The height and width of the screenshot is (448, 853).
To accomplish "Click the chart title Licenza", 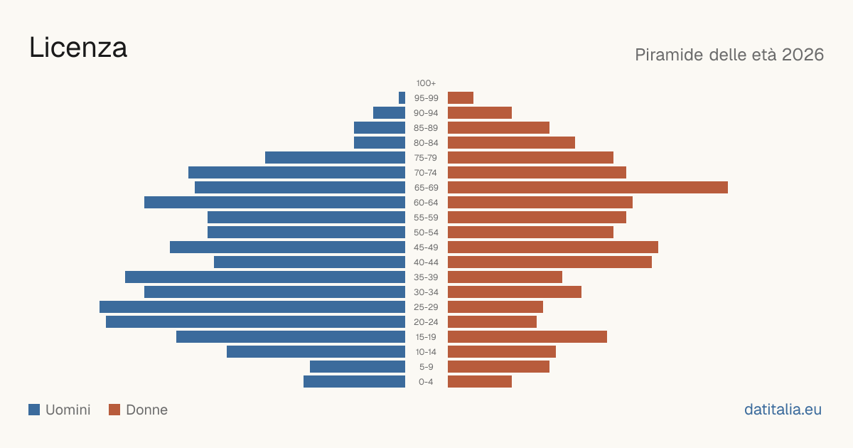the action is pyautogui.click(x=78, y=48).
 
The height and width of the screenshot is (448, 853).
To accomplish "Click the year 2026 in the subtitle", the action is pyautogui.click(x=803, y=55).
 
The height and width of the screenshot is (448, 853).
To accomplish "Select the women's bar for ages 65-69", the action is pyautogui.click(x=588, y=188).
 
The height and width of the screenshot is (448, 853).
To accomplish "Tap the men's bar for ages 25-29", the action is pyautogui.click(x=252, y=307).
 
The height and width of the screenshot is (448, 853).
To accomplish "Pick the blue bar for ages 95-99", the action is pyautogui.click(x=402, y=98).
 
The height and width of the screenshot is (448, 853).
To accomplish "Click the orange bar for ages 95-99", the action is pyautogui.click(x=461, y=98).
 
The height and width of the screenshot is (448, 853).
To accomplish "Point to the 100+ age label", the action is pyautogui.click(x=426, y=83).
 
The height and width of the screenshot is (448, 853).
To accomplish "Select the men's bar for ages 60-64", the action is pyautogui.click(x=274, y=202).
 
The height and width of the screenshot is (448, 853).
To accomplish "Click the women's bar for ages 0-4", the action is pyautogui.click(x=480, y=382).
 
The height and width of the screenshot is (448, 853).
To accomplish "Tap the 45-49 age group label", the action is pyautogui.click(x=426, y=247).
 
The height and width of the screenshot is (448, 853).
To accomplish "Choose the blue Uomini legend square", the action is pyautogui.click(x=34, y=410).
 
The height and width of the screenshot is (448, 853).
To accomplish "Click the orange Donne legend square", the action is pyautogui.click(x=114, y=410).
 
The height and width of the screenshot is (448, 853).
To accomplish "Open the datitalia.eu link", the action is pyautogui.click(x=783, y=410).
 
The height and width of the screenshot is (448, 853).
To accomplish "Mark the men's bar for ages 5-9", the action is pyautogui.click(x=358, y=367).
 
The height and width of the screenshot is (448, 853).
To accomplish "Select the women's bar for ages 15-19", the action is pyautogui.click(x=527, y=337).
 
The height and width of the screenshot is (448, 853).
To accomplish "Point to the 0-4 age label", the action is pyautogui.click(x=426, y=382).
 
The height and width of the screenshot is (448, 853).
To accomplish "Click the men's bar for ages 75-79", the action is pyautogui.click(x=335, y=158).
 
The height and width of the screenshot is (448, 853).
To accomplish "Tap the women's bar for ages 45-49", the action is pyautogui.click(x=553, y=247).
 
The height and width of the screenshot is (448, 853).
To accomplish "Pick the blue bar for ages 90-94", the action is pyautogui.click(x=390, y=113).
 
